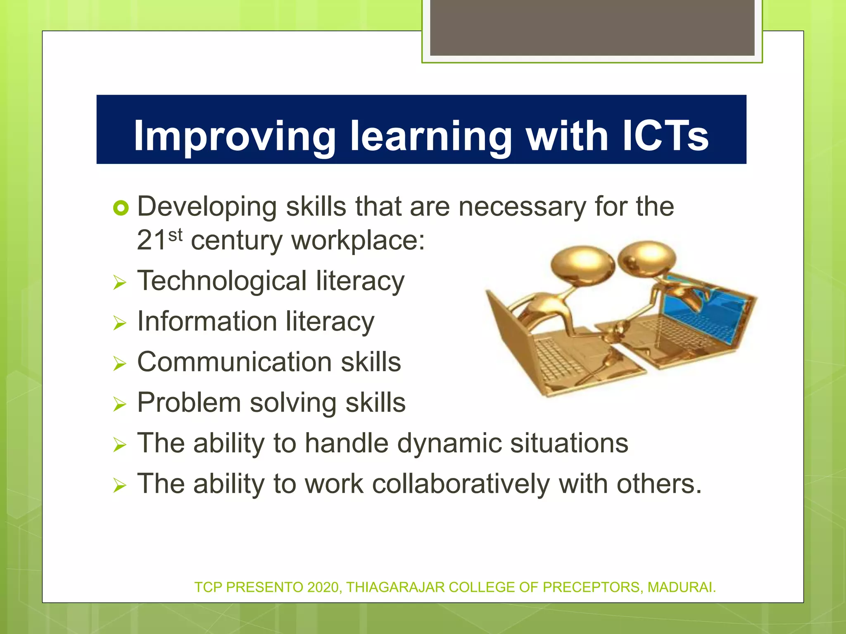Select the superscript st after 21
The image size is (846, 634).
coord(175,235)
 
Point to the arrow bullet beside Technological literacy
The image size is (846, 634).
coord(119,283)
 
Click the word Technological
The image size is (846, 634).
coord(222,281)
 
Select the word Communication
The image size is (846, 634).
coord(234,362)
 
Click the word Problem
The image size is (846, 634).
coord(189,402)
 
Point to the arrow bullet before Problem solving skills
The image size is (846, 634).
coord(119,405)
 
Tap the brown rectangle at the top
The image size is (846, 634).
coord(592,27)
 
